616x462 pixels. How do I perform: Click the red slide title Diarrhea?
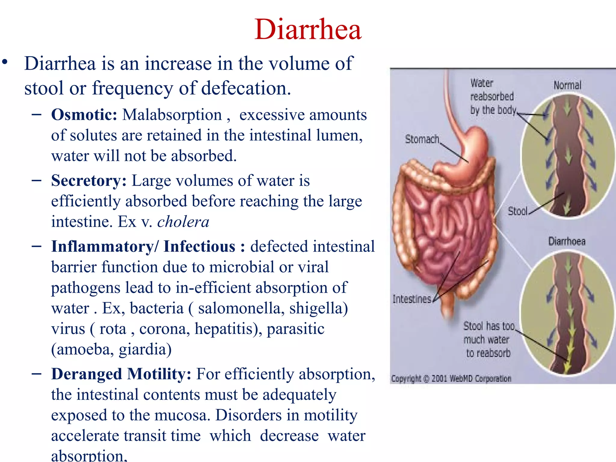[308, 29]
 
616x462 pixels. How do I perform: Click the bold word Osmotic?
[84, 115]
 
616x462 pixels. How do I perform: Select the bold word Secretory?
[89, 181]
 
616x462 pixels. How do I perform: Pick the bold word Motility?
[159, 374]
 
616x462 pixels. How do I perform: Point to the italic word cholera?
[183, 222]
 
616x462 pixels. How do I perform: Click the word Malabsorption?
[172, 115]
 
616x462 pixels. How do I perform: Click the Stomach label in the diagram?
[422, 139]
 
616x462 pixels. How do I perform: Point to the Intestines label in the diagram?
[412, 299]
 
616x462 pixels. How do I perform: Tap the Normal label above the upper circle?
[567, 85]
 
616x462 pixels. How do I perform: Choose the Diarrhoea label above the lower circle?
[567, 241]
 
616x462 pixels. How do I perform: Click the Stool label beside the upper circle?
[517, 211]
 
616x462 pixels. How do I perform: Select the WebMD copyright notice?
[451, 379]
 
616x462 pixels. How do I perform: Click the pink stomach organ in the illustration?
[472, 150]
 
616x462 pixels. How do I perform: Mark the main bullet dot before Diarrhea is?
[5, 62]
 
